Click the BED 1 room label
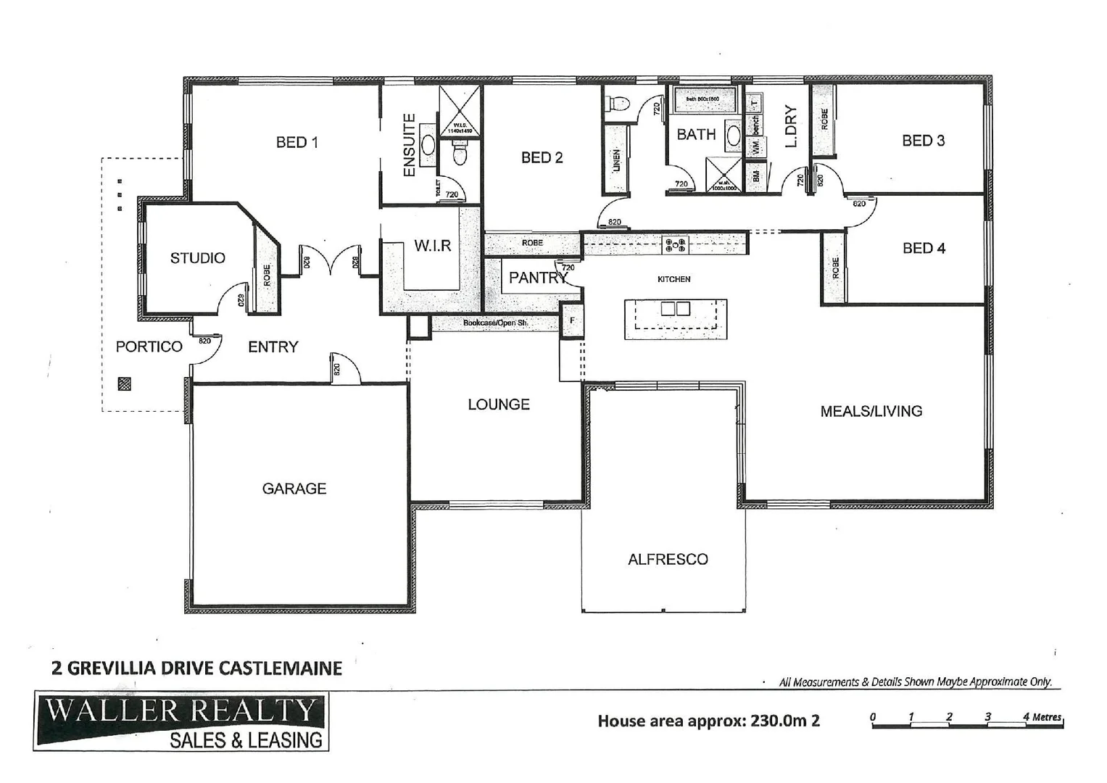(297, 142)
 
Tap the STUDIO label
(197, 258)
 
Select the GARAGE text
(294, 489)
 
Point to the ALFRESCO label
(668, 559)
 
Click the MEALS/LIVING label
(871, 411)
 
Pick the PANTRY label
(537, 278)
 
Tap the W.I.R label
(433, 246)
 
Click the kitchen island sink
(676, 309)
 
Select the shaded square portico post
(125, 384)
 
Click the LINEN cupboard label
(616, 160)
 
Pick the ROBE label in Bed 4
(835, 268)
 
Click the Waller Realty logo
(181, 721)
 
